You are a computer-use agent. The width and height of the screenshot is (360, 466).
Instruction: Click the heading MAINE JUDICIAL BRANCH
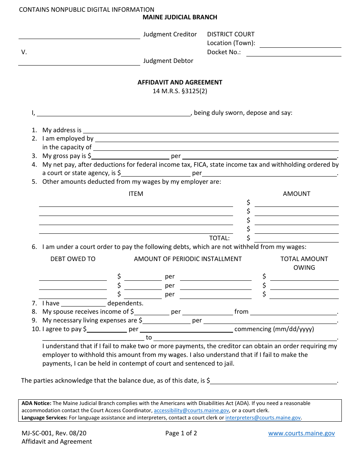180,17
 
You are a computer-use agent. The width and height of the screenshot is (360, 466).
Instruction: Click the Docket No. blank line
294,53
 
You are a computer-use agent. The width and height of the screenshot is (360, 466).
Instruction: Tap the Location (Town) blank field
300,44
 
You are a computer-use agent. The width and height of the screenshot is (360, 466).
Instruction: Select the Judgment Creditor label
170,34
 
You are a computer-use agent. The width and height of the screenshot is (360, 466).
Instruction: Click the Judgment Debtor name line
79,62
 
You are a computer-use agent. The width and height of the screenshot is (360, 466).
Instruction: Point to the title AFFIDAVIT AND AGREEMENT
180,82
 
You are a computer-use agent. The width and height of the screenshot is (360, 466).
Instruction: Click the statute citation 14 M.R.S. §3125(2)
180,91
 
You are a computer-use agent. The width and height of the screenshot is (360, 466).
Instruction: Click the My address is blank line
211,130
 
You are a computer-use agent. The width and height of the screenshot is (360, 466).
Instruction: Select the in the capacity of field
216,147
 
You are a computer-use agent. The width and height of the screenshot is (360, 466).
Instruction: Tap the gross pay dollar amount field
130,156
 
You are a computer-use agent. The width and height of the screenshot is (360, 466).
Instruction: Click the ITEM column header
136,194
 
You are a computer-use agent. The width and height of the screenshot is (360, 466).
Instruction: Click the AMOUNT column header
296,194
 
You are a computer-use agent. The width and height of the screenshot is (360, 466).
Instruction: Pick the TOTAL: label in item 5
219,238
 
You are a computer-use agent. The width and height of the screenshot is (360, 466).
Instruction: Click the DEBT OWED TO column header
73,259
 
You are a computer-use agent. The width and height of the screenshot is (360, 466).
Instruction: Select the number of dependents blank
83,303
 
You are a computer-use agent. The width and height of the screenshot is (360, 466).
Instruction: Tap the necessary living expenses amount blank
166,321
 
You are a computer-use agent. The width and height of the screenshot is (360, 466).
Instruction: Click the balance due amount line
274,381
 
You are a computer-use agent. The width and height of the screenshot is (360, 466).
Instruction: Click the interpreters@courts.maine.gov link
263,418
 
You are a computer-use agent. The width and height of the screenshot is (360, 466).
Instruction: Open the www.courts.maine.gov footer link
301,433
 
